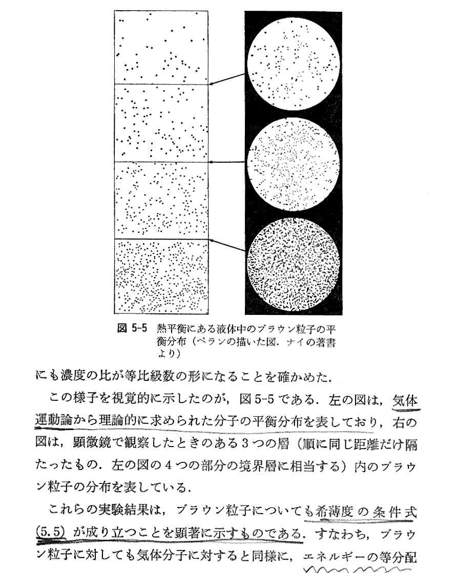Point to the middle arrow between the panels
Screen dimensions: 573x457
[227, 161]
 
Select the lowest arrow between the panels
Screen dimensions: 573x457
[227, 244]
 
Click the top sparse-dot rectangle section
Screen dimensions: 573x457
[161, 47]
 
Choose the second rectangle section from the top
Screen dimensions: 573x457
[161, 122]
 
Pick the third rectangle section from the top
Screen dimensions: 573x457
[161, 200]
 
